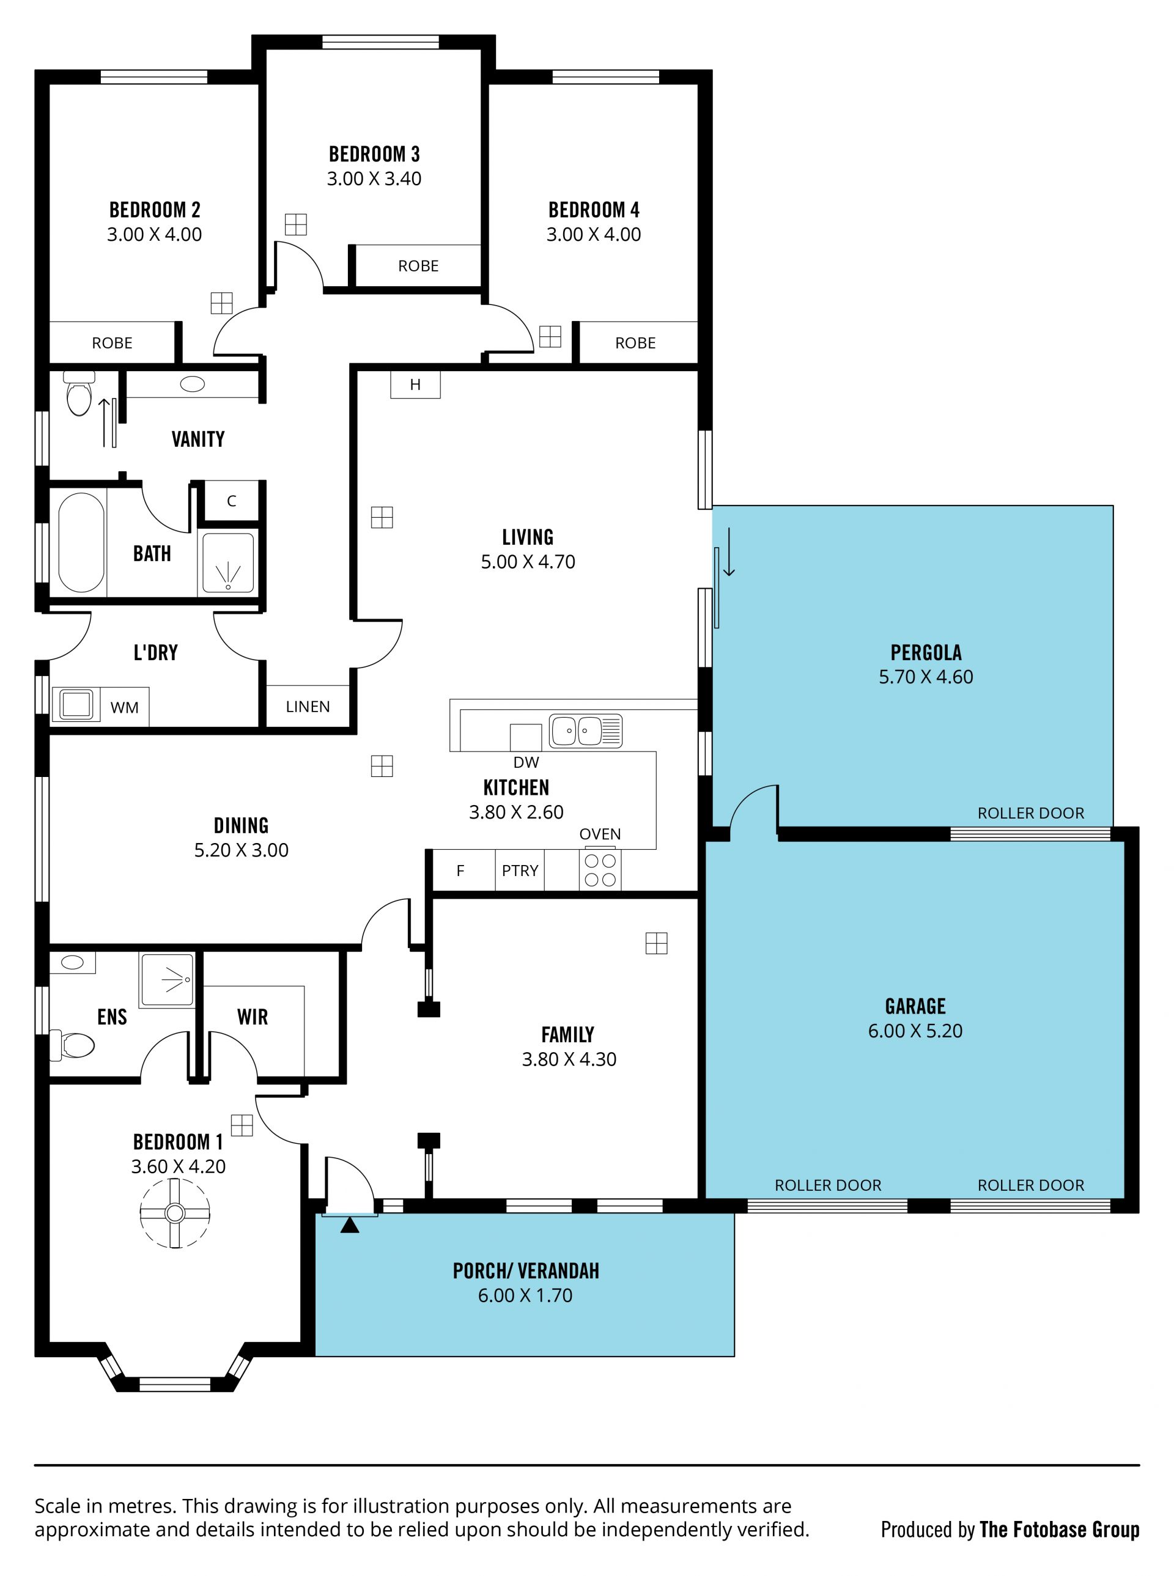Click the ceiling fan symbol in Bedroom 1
coord(175,1213)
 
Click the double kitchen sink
coord(586,731)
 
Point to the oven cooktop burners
coord(600,870)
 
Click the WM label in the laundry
coord(124,708)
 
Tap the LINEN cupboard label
coord(308,706)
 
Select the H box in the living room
coord(416,385)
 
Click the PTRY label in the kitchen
coord(520,871)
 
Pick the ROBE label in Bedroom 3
coord(418,266)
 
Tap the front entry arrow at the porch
coord(350,1225)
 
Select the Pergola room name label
coord(926,652)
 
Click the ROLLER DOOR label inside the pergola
coord(1031,813)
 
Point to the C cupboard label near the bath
coord(232,501)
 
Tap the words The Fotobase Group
coord(1060,1529)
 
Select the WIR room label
coord(253,1017)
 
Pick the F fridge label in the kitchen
coord(460,871)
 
